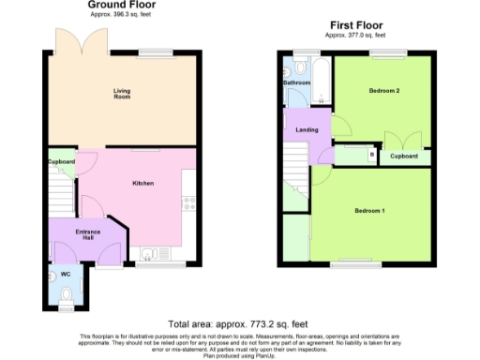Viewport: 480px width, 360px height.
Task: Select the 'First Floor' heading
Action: point(353,27)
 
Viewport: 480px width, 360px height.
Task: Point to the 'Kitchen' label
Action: point(142,183)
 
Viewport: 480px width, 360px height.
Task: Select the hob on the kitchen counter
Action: point(188,201)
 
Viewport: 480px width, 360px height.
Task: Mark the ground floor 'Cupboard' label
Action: point(62,161)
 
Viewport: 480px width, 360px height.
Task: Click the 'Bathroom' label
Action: point(297,82)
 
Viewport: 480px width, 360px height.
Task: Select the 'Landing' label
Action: point(307,129)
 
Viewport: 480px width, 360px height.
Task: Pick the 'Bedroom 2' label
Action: point(383,91)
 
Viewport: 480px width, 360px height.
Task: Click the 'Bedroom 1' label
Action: point(369,210)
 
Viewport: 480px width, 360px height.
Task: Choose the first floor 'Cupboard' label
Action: point(404,156)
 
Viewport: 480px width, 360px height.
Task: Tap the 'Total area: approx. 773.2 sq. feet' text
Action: point(240,320)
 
